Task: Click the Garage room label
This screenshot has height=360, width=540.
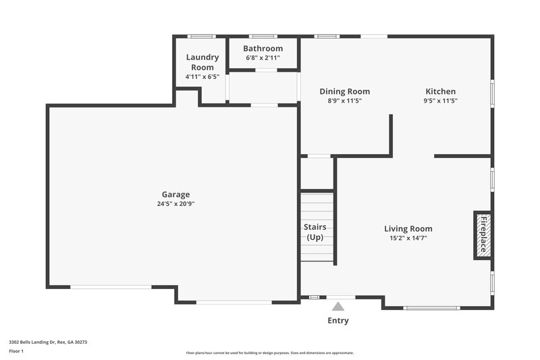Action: [175, 195]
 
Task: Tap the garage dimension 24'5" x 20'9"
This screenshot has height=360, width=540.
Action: [175, 203]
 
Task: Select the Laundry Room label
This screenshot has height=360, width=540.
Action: [202, 62]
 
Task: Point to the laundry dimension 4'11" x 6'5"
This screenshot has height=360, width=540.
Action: [202, 77]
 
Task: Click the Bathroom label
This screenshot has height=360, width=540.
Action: [263, 49]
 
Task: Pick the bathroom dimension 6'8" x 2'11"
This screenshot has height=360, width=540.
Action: [263, 57]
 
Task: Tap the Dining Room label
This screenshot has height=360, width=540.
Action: [344, 91]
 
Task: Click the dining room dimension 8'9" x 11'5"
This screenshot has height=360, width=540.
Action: [344, 101]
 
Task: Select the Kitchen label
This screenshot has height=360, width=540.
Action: [440, 91]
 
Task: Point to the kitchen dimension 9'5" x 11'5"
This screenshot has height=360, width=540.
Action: [440, 101]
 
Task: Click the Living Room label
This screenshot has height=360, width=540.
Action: [408, 228]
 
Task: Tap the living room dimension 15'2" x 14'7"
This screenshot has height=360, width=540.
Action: [408, 238]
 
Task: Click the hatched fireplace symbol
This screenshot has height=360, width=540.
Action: [483, 235]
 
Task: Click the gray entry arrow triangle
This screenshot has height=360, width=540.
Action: [338, 307]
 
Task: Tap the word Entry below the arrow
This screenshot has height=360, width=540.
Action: [338, 320]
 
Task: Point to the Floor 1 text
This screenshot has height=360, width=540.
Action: [16, 351]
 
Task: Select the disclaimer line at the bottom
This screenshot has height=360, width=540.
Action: [269, 353]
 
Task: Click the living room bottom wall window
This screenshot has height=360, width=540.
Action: [431, 308]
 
